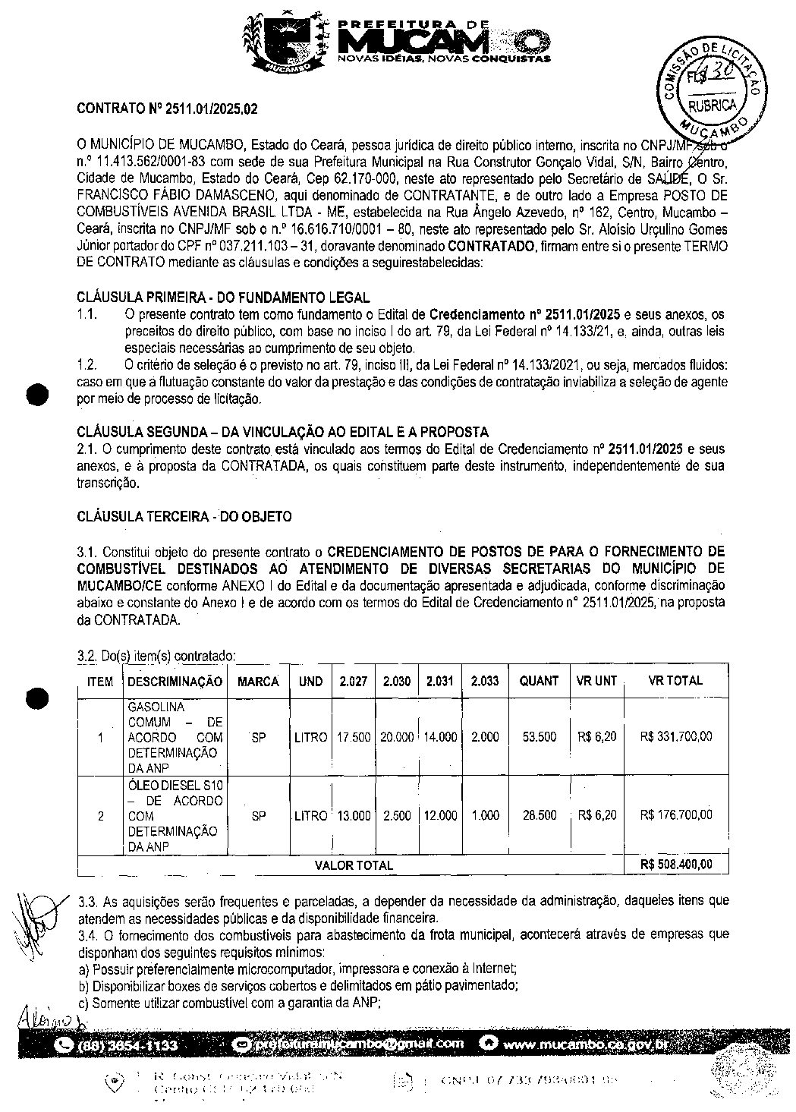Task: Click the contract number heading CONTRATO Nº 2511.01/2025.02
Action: pyautogui.click(x=167, y=109)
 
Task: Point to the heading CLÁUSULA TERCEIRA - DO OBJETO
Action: pyautogui.click(x=184, y=516)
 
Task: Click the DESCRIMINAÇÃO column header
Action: pyautogui.click(x=175, y=682)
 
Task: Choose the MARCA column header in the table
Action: pyautogui.click(x=258, y=682)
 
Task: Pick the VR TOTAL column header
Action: pyautogui.click(x=675, y=681)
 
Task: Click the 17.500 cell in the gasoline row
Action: pyautogui.click(x=354, y=737)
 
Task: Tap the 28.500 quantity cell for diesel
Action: pyautogui.click(x=539, y=815)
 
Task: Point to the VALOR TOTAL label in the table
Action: pyautogui.click(x=354, y=865)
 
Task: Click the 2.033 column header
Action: pyautogui.click(x=485, y=682)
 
